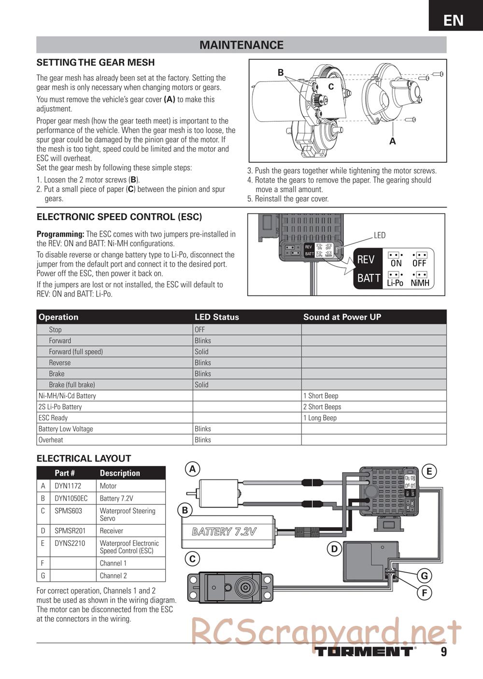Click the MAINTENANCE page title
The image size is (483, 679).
point(241,45)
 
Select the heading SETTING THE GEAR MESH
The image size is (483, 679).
point(96,62)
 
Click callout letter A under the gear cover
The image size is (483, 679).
point(392,141)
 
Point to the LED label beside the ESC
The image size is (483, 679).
point(380,235)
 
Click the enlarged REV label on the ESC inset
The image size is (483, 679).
point(366,260)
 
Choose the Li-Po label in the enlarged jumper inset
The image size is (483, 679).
point(395,283)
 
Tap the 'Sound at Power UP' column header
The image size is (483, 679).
point(342,317)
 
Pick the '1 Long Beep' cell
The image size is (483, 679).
point(320,418)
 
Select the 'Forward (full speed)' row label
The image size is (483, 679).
point(76,352)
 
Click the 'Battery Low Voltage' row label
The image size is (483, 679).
point(66,429)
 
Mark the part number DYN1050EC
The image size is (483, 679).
point(71,498)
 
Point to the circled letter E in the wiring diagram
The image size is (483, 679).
point(429,471)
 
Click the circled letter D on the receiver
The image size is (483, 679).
point(334,549)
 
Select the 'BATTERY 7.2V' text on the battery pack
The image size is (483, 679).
point(224,532)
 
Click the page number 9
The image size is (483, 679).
point(443,652)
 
